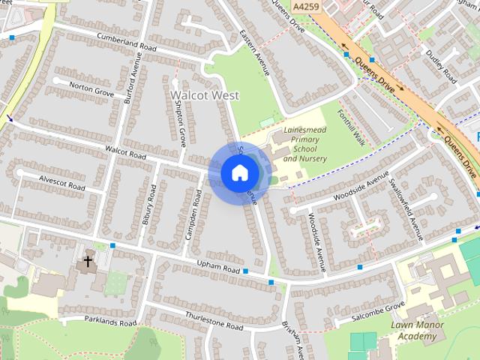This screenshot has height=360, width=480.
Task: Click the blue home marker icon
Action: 239,173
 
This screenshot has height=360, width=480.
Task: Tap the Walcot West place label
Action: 204,95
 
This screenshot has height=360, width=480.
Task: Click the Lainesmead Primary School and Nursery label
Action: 305,144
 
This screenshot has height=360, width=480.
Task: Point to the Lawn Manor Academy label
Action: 414,331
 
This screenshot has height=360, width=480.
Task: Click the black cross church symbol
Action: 88,262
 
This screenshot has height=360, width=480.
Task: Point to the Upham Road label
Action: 217,268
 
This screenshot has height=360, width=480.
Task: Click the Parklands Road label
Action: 110,322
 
